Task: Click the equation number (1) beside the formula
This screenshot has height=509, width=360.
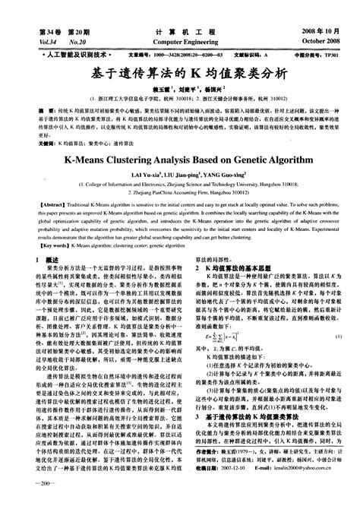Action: point(337,356)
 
